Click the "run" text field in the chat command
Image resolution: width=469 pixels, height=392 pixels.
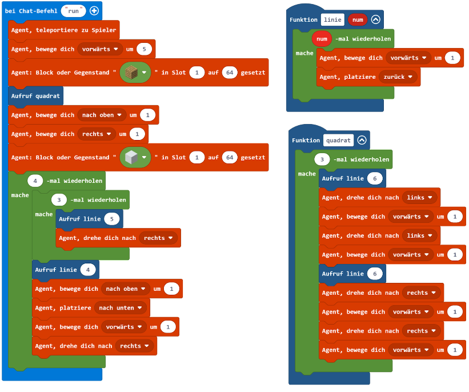coord(74,11)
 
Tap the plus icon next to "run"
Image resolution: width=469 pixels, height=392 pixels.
coord(94,11)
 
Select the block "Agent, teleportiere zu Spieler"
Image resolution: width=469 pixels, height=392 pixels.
coord(63,30)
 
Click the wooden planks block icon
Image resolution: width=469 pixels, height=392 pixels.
coord(131,73)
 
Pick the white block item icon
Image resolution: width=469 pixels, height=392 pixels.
coord(131,157)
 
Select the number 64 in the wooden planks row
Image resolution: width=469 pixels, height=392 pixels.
coord(230,73)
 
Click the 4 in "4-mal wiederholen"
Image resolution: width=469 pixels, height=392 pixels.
coord(35,181)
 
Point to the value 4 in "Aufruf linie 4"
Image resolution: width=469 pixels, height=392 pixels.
coord(89,269)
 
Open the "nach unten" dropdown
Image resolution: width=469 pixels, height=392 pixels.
coord(121,308)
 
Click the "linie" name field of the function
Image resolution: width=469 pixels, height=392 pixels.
coord(332,19)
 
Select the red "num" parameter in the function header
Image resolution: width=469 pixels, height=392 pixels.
coord(357,19)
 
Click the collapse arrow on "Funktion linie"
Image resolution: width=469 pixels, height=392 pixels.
coord(375,19)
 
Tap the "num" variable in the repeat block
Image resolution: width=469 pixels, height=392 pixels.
coord(322,39)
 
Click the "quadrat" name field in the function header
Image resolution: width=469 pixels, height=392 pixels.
coord(338,140)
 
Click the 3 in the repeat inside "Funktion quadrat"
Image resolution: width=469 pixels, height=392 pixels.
coord(322,159)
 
